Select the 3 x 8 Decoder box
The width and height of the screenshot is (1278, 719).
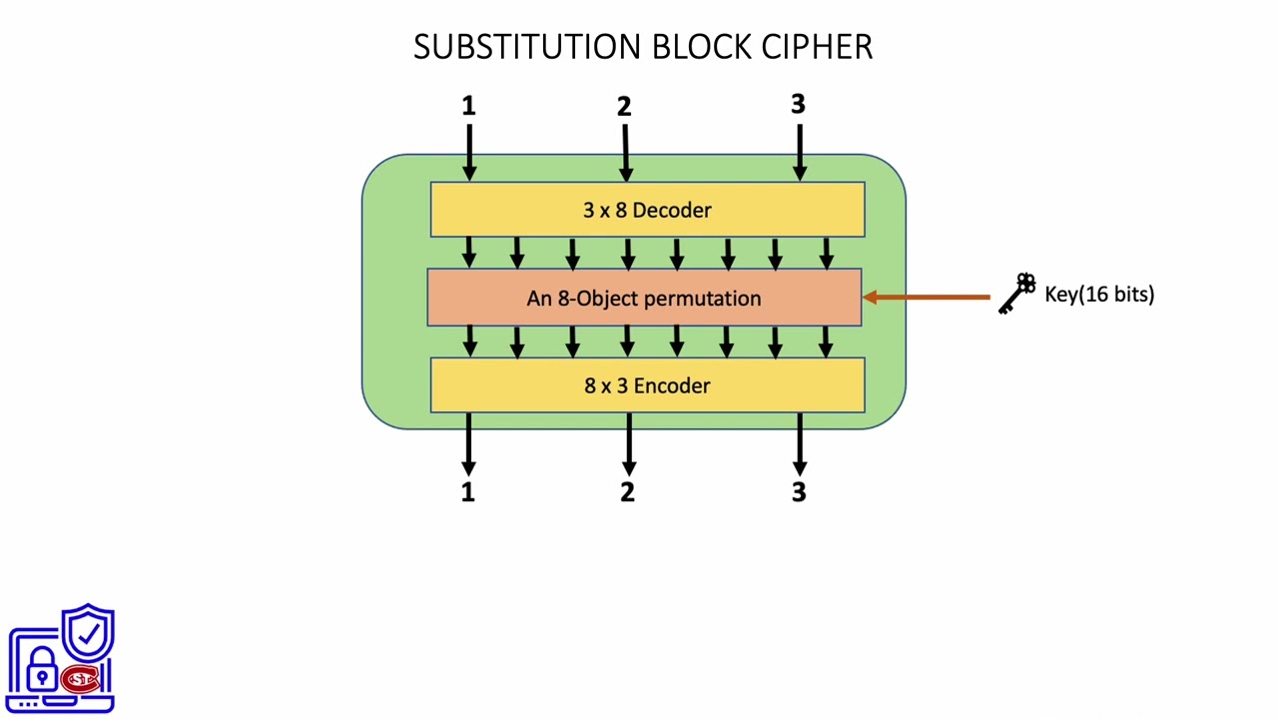(x=647, y=210)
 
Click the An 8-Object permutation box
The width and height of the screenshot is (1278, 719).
(x=644, y=298)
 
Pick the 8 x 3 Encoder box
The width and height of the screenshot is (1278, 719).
(x=647, y=385)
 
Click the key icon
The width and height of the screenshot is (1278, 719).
(x=1017, y=294)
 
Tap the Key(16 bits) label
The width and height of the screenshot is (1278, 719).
(x=1099, y=294)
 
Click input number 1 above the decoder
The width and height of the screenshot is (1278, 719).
(x=468, y=106)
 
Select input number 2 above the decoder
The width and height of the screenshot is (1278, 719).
(x=624, y=107)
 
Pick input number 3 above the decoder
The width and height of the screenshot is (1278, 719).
(x=798, y=104)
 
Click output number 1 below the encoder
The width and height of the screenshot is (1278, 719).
(x=467, y=491)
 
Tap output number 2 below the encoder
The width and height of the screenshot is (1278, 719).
(x=627, y=491)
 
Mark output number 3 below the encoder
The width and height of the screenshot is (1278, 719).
(x=798, y=491)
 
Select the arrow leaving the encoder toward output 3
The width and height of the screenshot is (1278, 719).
(x=799, y=444)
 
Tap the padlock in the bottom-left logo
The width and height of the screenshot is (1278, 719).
(x=41, y=671)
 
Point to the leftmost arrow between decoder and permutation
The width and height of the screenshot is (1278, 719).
(x=469, y=252)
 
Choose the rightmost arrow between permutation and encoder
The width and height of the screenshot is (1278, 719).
(x=826, y=341)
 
